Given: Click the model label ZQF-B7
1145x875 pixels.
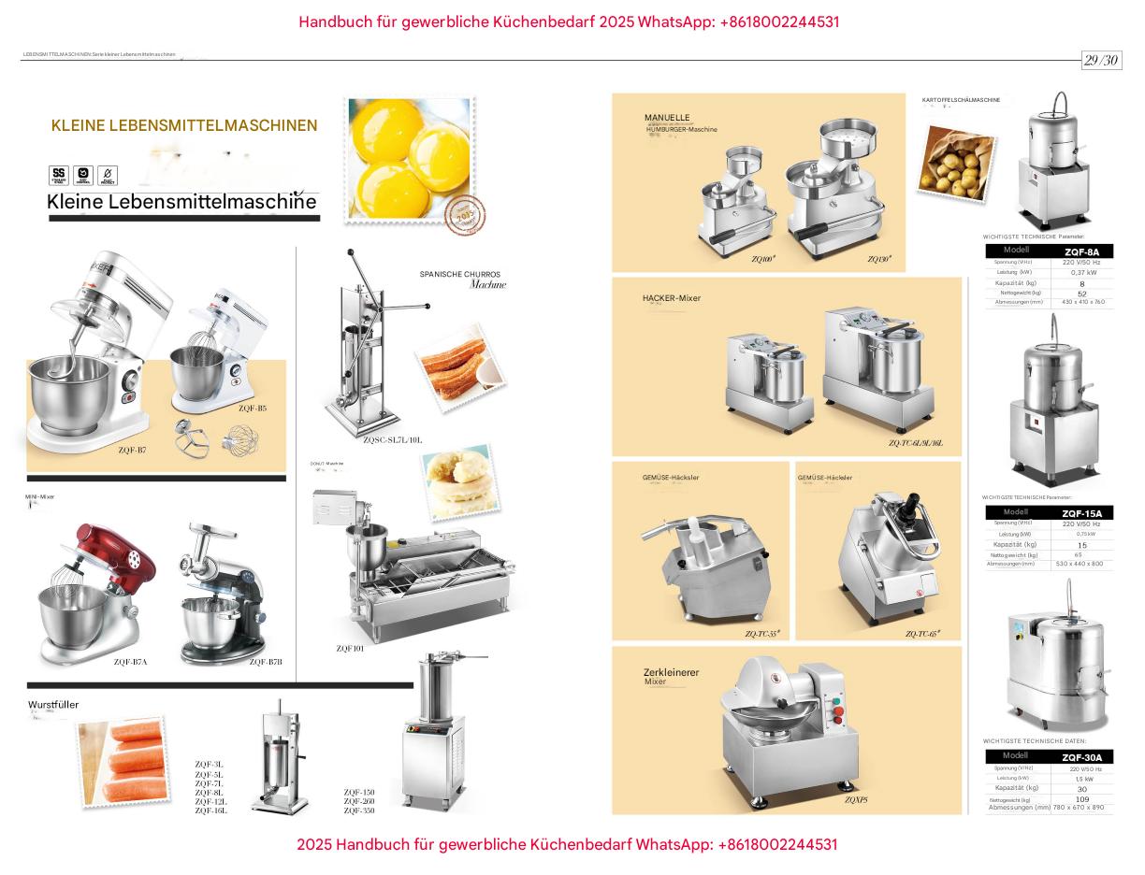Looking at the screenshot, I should (x=132, y=450).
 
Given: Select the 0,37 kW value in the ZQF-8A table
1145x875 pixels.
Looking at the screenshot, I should (x=1083, y=272).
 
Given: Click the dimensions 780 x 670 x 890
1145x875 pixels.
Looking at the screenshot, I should (x=1079, y=808).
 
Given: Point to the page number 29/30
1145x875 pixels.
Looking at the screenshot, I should (x=1101, y=61).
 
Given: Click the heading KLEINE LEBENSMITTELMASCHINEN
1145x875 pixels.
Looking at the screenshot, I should (x=184, y=125).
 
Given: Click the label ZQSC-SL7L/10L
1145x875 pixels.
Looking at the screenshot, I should (x=393, y=439).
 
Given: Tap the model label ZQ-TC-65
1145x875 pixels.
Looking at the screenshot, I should (x=921, y=634).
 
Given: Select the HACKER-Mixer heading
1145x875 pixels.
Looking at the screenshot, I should (x=671, y=298).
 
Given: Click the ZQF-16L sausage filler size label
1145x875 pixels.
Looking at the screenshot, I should (x=210, y=810).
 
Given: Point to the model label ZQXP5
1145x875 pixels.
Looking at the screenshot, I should (x=856, y=800).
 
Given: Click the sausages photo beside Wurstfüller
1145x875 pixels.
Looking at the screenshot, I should (x=123, y=762).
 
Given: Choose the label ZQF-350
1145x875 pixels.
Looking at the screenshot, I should (x=359, y=810).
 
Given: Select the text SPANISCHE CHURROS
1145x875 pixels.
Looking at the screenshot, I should (x=459, y=274).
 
